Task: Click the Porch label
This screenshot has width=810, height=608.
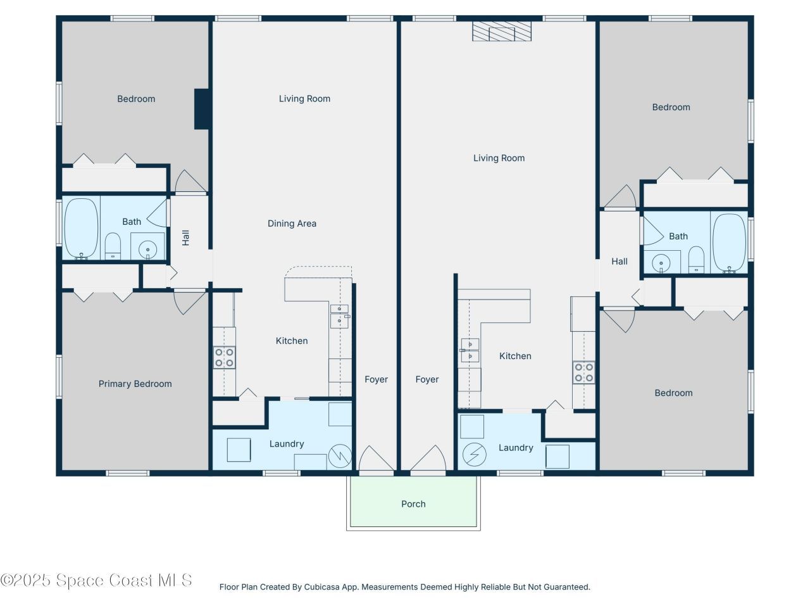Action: pyautogui.click(x=413, y=504)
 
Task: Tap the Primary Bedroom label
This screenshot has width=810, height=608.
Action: pyautogui.click(x=135, y=384)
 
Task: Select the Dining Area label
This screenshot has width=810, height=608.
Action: pyautogui.click(x=292, y=224)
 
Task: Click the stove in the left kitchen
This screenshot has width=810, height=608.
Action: pyautogui.click(x=224, y=357)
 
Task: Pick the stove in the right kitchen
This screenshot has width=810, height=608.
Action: pyautogui.click(x=583, y=372)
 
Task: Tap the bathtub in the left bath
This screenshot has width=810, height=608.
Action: pyautogui.click(x=82, y=229)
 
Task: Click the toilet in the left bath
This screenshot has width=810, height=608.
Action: pyautogui.click(x=113, y=246)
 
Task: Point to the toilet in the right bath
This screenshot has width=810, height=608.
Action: pyautogui.click(x=696, y=260)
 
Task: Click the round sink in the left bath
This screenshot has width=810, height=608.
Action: pyautogui.click(x=148, y=249)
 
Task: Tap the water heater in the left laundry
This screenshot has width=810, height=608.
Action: pyautogui.click(x=340, y=455)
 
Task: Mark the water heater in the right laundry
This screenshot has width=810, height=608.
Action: pyautogui.click(x=473, y=454)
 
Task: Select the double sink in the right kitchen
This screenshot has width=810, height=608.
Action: pyautogui.click(x=470, y=350)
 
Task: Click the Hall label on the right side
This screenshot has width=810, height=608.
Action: pyautogui.click(x=620, y=262)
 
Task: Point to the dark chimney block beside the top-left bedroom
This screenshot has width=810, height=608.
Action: pyautogui.click(x=202, y=109)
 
